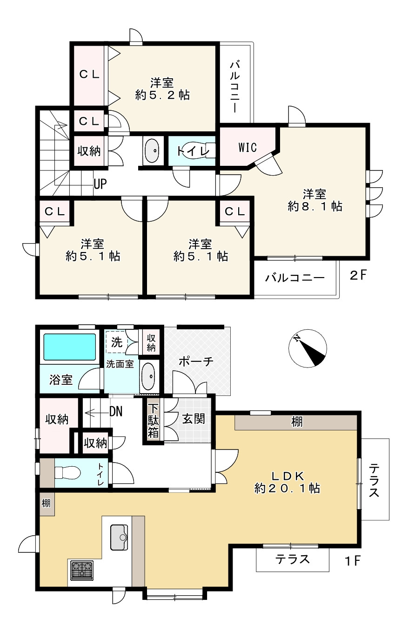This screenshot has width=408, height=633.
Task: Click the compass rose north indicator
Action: (x=308, y=348)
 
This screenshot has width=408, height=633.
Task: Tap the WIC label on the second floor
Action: (x=247, y=148)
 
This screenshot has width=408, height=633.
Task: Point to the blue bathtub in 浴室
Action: (x=69, y=347)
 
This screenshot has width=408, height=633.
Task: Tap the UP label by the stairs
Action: (x=100, y=184)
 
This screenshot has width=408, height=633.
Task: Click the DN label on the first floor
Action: (x=116, y=412)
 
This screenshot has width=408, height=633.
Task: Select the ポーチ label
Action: (x=196, y=361)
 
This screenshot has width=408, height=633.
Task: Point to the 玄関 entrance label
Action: (x=193, y=419)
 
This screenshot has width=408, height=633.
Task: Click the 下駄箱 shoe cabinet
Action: (x=153, y=421)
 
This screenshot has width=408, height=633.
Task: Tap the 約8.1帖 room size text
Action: (x=315, y=206)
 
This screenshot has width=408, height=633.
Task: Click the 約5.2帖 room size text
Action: (x=162, y=95)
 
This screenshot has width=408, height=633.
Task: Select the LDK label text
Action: (x=288, y=476)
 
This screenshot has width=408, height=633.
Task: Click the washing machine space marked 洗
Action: (x=117, y=342)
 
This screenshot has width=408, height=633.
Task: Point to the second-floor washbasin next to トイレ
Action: (x=153, y=150)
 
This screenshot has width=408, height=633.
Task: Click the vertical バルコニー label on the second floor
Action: (x=235, y=87)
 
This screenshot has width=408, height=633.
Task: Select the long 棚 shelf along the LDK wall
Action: (x=296, y=422)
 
